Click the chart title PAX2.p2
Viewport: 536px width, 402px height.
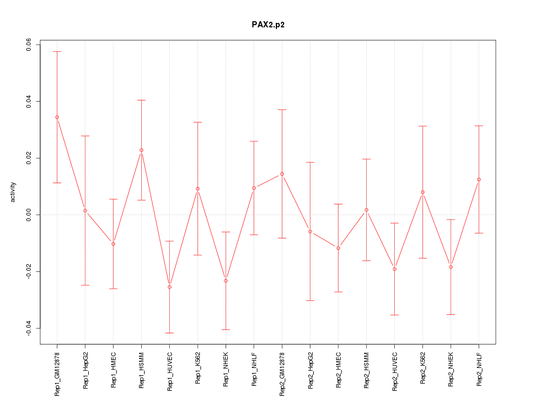[268, 25]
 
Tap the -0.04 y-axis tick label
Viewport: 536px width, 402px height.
[28, 328]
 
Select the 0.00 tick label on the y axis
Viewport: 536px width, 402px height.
[28, 215]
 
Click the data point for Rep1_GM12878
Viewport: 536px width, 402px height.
[57, 117]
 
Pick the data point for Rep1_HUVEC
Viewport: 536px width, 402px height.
[170, 287]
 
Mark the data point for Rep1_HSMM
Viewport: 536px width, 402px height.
[141, 150]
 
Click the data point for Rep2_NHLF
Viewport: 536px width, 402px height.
[479, 179]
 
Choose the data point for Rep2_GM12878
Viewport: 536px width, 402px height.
[282, 174]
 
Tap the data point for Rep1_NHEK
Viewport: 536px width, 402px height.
[226, 281]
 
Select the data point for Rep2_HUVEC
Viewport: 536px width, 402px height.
[395, 269]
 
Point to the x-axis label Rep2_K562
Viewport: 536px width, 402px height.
[423, 368]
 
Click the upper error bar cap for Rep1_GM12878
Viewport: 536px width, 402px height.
[57, 51]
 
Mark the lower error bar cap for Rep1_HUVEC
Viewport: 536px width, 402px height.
[170, 333]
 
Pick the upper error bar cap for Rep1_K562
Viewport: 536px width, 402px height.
[198, 122]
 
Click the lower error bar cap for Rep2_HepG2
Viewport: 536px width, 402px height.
[310, 300]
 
